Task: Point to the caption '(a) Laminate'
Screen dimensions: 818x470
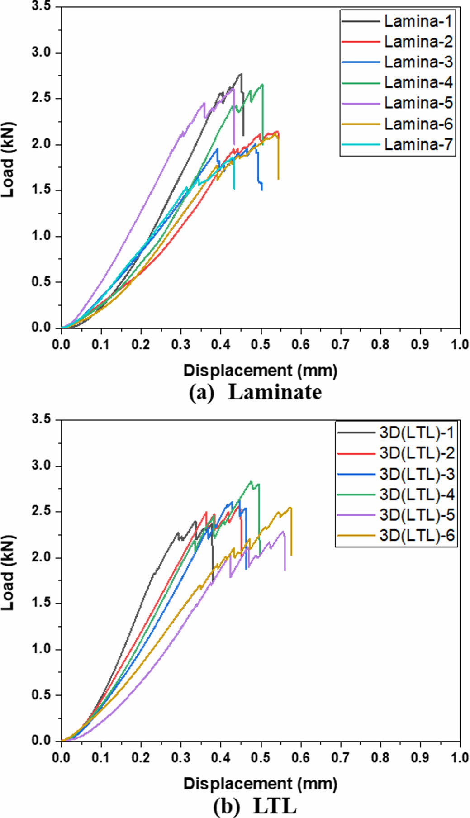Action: click(255, 392)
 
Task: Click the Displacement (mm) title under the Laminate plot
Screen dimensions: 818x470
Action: click(260, 371)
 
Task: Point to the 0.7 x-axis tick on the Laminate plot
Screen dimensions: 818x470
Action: click(340, 345)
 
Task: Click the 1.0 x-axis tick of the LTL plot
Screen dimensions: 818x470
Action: click(460, 757)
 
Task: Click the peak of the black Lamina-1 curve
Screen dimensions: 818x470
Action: click(241, 74)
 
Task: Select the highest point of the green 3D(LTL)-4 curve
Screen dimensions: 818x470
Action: click(251, 481)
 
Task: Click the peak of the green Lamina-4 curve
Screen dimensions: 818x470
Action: click(262, 85)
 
